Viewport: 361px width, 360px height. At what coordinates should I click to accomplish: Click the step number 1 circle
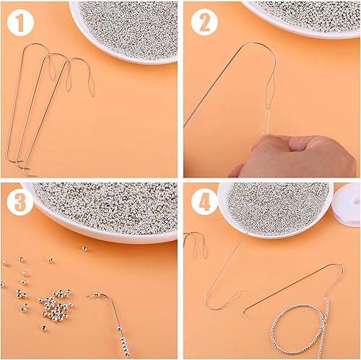[x=20, y=22]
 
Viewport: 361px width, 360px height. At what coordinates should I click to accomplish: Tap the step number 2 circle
[x=204, y=22]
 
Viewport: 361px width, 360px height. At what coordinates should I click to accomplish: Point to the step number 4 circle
[x=204, y=203]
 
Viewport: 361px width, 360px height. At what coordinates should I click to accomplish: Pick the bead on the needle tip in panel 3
[x=97, y=294]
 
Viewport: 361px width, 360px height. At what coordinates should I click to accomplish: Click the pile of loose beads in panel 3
[x=56, y=304]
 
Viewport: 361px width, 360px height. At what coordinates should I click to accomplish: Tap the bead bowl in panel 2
[x=301, y=18]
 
